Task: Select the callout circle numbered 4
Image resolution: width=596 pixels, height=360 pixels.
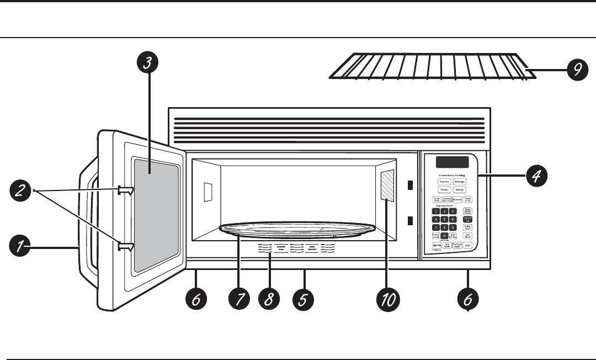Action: (x=536, y=177)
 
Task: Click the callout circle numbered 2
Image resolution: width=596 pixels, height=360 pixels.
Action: (x=20, y=192)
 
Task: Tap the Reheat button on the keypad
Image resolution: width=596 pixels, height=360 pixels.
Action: (x=460, y=189)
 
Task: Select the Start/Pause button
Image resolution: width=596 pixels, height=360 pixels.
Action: (x=468, y=211)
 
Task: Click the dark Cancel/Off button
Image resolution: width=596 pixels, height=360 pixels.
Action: (x=468, y=219)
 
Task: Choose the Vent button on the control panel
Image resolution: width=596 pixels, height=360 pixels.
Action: (x=468, y=245)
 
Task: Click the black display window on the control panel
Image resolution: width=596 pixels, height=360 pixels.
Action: (x=452, y=162)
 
